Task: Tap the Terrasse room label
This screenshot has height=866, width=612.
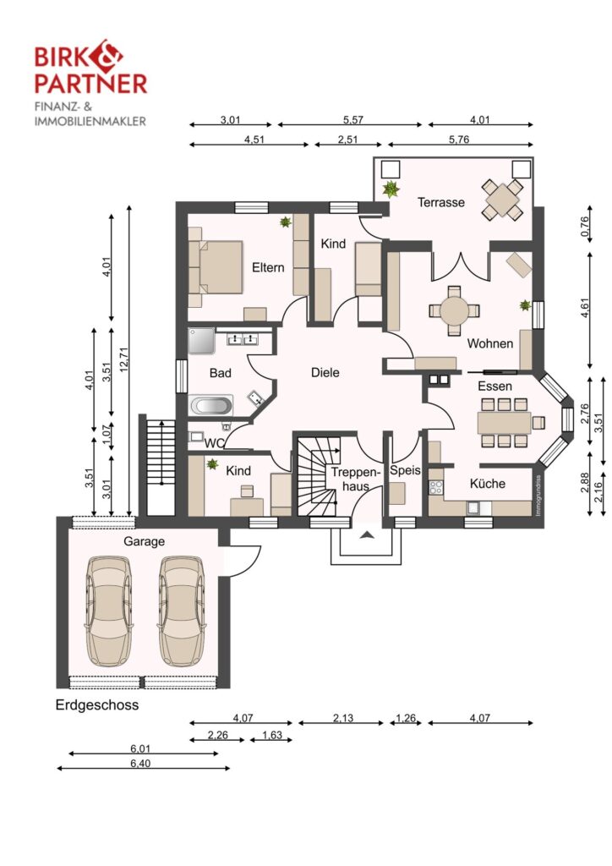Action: tap(441, 202)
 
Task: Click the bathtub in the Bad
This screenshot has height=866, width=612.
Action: tap(210, 405)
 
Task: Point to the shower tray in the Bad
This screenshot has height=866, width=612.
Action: tap(201, 340)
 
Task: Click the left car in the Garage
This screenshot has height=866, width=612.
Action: tap(109, 611)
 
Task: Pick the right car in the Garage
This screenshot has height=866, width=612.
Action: tap(181, 611)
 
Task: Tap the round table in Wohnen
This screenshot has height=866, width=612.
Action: tap(454, 311)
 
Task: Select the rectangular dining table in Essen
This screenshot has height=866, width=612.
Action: tap(504, 423)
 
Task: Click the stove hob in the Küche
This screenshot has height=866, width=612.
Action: tap(436, 487)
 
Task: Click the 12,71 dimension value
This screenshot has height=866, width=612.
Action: tap(123, 359)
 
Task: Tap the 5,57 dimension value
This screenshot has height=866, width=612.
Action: tap(352, 119)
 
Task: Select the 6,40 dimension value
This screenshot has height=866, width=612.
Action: tap(140, 764)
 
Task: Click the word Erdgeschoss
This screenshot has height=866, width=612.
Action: tap(97, 705)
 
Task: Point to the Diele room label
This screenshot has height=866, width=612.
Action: tap(325, 372)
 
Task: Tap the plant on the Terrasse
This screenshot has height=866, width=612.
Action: tap(391, 189)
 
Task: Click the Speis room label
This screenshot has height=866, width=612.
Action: tap(405, 470)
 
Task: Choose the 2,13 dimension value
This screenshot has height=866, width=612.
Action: tap(342, 718)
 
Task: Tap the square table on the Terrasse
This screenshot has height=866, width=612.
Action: tap(501, 200)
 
